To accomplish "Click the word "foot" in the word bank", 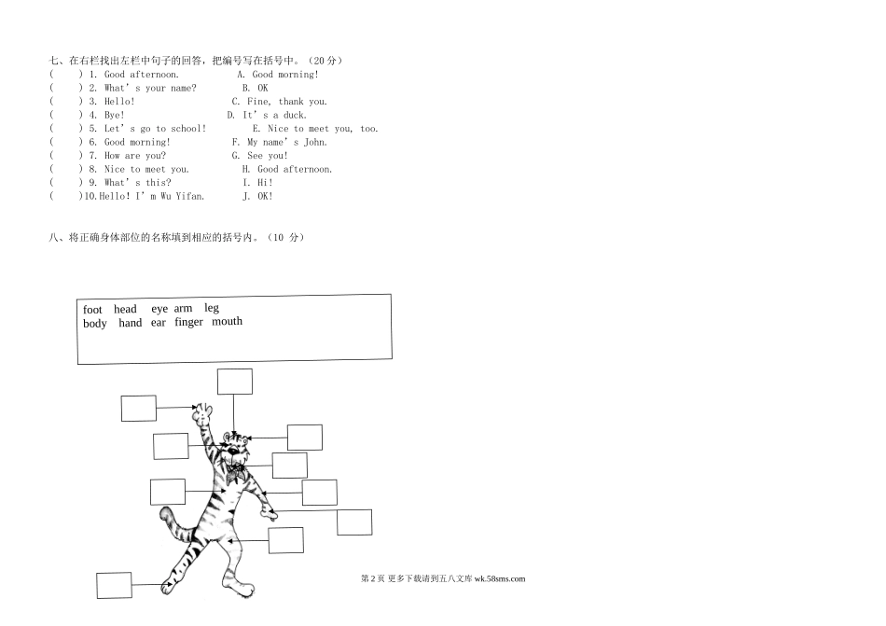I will pos(92,310).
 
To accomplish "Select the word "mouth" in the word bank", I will pos(227,322).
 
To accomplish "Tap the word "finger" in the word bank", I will pos(188,323).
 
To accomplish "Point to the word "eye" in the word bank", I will pos(159,309).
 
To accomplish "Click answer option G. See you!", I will pos(260,156).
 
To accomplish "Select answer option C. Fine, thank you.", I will pos(280,102).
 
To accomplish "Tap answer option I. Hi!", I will pos(257,183).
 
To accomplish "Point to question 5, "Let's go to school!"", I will pos(156,129).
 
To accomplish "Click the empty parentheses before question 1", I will pos(64,75).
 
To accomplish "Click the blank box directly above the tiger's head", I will pos(234,382).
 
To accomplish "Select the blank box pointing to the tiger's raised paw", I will pos(138,408).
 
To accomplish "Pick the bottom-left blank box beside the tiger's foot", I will pos(114,585).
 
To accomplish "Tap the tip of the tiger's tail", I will pos(165,512).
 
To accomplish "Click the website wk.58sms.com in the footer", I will pos(500,578).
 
